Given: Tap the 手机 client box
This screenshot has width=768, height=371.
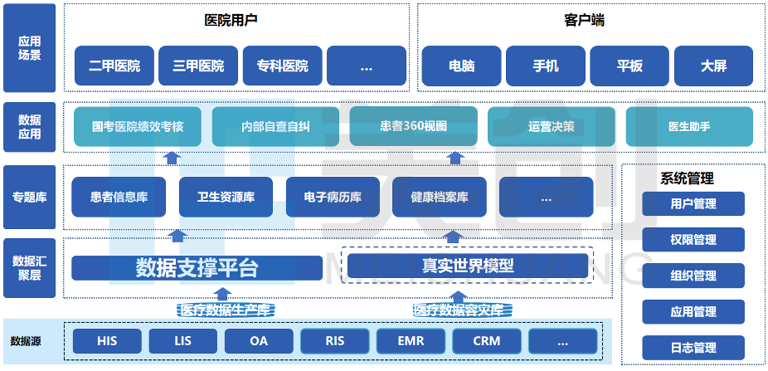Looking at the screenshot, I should (545, 66).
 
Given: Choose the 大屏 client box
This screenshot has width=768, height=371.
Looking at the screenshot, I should (713, 66).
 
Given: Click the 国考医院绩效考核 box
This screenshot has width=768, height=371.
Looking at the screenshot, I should (138, 127).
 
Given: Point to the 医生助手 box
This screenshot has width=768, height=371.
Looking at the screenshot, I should (688, 127).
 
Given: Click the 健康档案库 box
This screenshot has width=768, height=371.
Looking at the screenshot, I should (440, 198).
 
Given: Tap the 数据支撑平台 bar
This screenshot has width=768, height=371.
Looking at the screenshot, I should (197, 268).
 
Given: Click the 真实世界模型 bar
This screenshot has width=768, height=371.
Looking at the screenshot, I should (467, 266).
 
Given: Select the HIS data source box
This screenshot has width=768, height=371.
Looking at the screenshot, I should (107, 341).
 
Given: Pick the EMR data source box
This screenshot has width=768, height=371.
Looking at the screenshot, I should (411, 341).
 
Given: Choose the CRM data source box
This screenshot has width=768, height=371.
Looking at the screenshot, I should (487, 341).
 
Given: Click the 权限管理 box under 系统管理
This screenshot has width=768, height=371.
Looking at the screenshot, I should (693, 240).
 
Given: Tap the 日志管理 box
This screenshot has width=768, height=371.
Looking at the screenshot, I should (693, 348).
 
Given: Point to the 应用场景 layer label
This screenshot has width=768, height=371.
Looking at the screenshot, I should (29, 48).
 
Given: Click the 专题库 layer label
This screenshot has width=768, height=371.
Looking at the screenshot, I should (29, 198).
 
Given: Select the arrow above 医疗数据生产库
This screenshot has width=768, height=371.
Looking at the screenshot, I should (221, 293).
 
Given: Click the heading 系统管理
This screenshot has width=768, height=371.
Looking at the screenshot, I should (687, 178).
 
